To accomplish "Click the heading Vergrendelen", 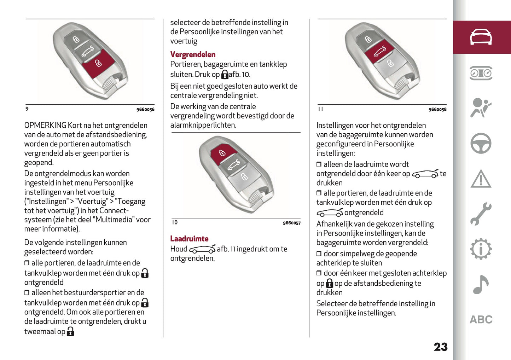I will click(193, 54).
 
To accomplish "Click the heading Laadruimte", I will click(189, 239).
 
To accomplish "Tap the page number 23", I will click(441, 347).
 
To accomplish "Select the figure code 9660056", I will click(145, 110).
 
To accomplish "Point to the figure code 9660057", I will click(291, 223).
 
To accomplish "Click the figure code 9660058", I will click(437, 110).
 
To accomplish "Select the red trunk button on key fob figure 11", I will click(379, 52).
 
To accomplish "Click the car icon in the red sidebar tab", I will click(481, 37).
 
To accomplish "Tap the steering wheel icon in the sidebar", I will click(481, 143).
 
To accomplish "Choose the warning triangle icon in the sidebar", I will click(481, 179).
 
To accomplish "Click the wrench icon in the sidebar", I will click(481, 214).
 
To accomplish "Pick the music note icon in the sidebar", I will click(481, 284).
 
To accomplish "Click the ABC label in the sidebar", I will click(481, 320).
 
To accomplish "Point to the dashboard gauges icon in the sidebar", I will click(481, 73).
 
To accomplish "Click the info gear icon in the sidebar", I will click(481, 249).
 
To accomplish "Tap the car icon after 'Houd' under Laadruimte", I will click(202, 249).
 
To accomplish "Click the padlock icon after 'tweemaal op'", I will click(70, 331).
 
